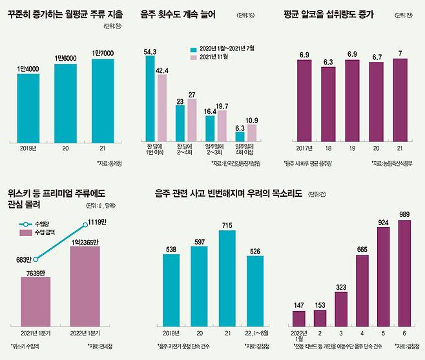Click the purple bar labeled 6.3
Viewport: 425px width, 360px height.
pyautogui.click(x=329, y=107)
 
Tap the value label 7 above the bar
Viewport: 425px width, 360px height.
pyautogui.click(x=400, y=52)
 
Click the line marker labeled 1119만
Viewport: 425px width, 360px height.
pyautogui.click(x=86, y=225)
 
